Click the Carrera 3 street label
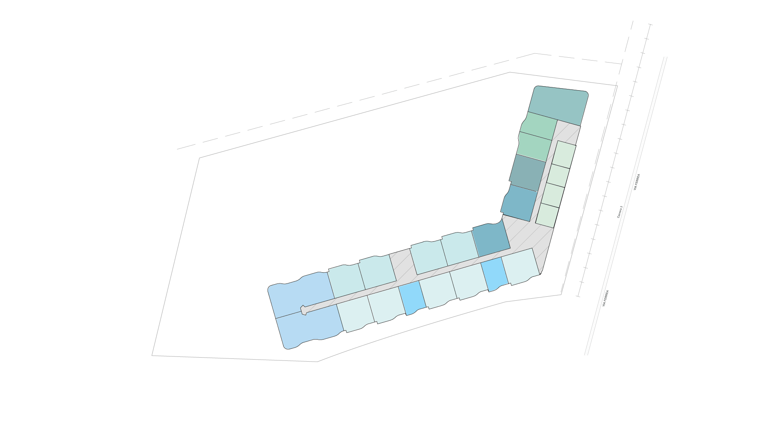click(620, 212)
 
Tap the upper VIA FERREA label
click(637, 182)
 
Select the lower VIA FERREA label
click(606, 299)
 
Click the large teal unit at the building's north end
click(558, 105)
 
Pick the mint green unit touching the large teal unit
click(539, 126)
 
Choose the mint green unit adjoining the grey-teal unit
click(534, 146)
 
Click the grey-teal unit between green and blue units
click(527, 173)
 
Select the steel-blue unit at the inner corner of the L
click(491, 240)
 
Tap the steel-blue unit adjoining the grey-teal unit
click(519, 203)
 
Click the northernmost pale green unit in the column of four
click(564, 154)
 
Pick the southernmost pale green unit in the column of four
click(547, 216)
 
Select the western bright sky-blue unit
click(412, 298)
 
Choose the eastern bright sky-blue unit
click(495, 274)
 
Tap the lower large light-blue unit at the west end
click(309, 327)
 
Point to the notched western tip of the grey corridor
click(303, 310)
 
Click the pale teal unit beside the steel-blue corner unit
click(460, 249)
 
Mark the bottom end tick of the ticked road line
click(578, 296)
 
